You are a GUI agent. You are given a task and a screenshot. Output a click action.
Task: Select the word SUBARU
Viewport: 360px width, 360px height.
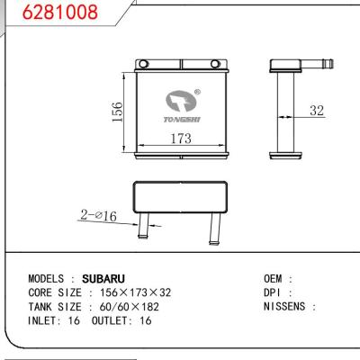(x=103, y=279)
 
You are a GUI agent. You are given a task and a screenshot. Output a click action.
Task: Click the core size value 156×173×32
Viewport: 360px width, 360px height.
(x=136, y=292)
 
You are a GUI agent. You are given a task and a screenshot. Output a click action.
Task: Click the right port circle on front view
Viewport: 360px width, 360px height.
(x=213, y=64)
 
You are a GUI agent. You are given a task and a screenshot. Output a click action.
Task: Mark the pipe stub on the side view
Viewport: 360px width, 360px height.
(x=316, y=64)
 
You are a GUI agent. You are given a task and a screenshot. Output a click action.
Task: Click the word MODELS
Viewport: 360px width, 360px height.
(x=50, y=279)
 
